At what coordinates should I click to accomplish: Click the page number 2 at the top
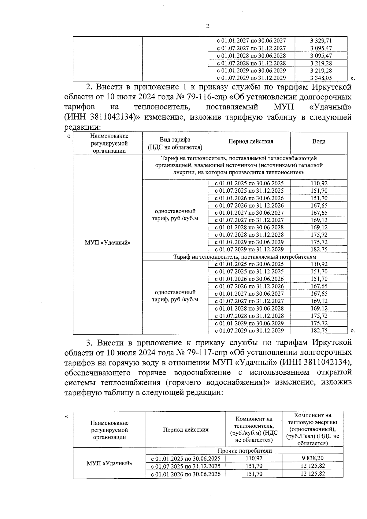[208, 26]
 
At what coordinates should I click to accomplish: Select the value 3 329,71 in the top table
[321, 41]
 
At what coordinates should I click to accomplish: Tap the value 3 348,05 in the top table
[321, 78]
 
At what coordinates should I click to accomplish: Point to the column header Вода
[319, 142]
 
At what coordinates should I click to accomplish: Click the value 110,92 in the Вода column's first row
[319, 184]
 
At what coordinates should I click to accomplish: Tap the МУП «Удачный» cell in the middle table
[107, 243]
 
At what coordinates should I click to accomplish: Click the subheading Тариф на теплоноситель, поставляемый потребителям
[245, 257]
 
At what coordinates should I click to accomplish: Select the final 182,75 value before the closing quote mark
[319, 331]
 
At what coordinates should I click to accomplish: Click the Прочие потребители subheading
[244, 451]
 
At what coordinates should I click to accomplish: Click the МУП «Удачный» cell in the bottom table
[109, 463]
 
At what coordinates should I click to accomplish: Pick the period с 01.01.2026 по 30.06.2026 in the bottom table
[186, 474]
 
